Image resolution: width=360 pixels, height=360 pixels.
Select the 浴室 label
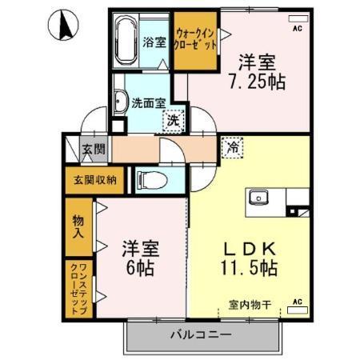[x=154, y=42]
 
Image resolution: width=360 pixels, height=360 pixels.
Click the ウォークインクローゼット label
[x=195, y=39]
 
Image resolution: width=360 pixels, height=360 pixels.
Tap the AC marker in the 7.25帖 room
[x=296, y=30]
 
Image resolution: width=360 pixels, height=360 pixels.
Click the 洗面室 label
[x=149, y=102]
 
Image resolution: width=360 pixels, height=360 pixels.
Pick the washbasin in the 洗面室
[x=121, y=102]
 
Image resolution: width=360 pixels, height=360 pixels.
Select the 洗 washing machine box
[x=173, y=122]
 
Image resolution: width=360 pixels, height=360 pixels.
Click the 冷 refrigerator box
[x=232, y=147]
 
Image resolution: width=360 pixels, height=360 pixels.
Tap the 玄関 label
[x=93, y=150]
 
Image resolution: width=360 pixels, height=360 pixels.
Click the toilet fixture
[x=149, y=178]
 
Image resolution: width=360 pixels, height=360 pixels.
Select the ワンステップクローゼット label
[x=78, y=287]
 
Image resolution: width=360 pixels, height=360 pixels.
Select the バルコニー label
[x=200, y=336]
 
